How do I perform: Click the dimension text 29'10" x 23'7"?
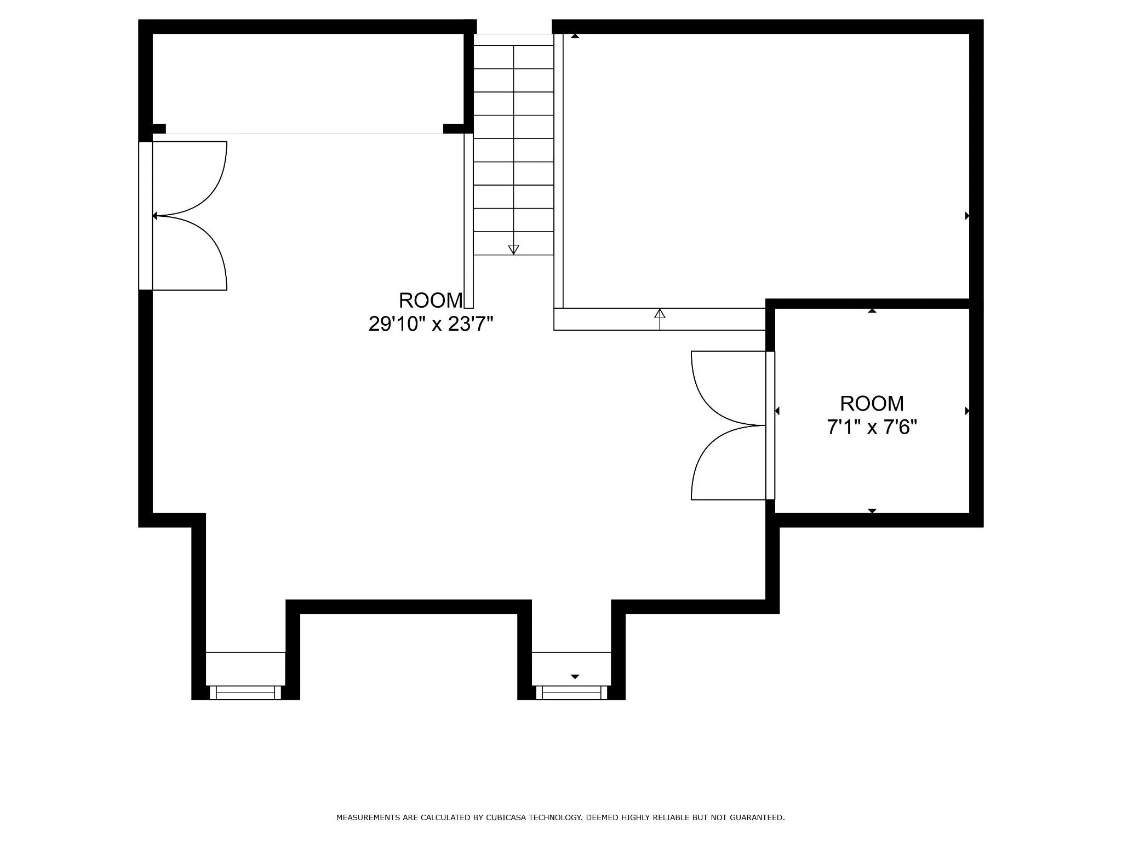(431, 324)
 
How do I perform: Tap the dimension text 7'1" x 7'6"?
(872, 427)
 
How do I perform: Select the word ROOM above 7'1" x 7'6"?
(872, 404)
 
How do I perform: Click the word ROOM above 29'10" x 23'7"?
(431, 301)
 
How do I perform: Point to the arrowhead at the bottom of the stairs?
(513, 250)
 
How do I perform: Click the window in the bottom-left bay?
(245, 692)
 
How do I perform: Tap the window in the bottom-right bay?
(571, 692)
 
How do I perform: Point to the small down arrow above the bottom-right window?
(575, 677)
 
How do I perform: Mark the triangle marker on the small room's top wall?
(872, 311)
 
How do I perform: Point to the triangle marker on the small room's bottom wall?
(872, 511)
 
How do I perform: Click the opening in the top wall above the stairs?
(514, 27)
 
